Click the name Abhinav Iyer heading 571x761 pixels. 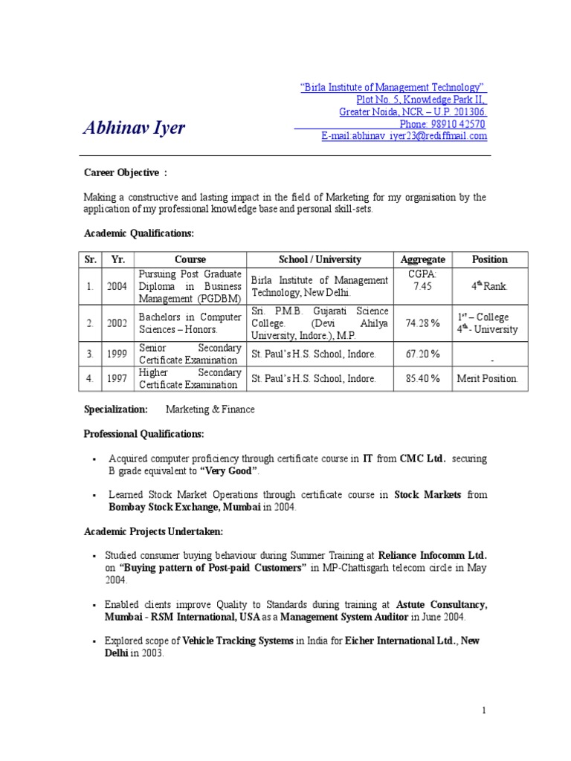click(134, 129)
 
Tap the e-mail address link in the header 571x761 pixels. click(404, 136)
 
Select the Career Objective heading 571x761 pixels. click(124, 172)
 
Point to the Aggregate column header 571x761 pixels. click(423, 259)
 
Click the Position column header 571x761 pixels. click(490, 259)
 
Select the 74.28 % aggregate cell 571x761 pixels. click(423, 323)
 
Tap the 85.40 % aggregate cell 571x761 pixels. click(423, 378)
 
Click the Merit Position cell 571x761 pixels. click(488, 378)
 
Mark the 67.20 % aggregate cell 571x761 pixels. click(423, 354)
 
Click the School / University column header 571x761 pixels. click(320, 259)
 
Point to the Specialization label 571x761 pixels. click(116, 409)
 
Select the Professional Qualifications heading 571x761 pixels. click(143, 433)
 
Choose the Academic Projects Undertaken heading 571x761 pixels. click(153, 531)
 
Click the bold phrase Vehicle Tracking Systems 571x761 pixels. click(238, 641)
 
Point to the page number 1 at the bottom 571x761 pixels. click(484, 710)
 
